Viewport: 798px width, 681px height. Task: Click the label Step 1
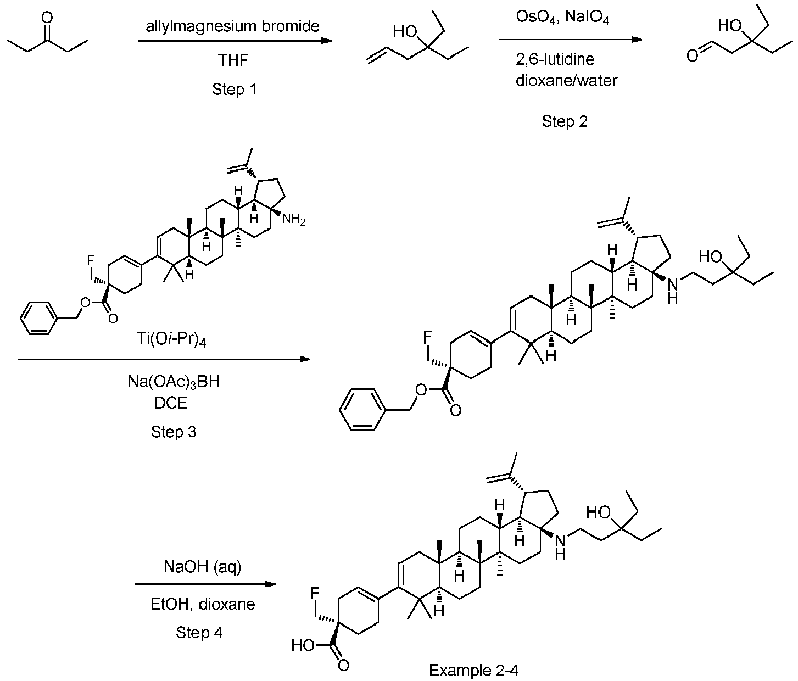pyautogui.click(x=234, y=90)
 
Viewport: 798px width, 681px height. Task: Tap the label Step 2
pyautogui.click(x=565, y=121)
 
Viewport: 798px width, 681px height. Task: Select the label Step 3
pyautogui.click(x=174, y=432)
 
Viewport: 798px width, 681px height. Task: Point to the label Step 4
pyautogui.click(x=199, y=633)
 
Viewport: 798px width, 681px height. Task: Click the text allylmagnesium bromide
pyautogui.click(x=233, y=26)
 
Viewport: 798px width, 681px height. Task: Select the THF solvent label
pyautogui.click(x=233, y=60)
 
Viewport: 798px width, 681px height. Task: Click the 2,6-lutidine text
pyautogui.click(x=555, y=59)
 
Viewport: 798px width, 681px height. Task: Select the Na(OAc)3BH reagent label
pyautogui.click(x=173, y=382)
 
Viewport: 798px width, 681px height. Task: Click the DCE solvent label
pyautogui.click(x=173, y=404)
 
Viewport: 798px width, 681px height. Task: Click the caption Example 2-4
pyautogui.click(x=473, y=670)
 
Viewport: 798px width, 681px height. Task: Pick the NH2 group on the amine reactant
pyautogui.click(x=294, y=220)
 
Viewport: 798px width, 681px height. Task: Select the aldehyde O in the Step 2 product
pyautogui.click(x=693, y=55)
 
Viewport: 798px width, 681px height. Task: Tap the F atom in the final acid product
pyautogui.click(x=315, y=593)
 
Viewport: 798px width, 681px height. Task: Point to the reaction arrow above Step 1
pyautogui.click(x=235, y=41)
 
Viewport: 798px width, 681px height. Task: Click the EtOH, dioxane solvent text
pyautogui.click(x=203, y=605)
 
